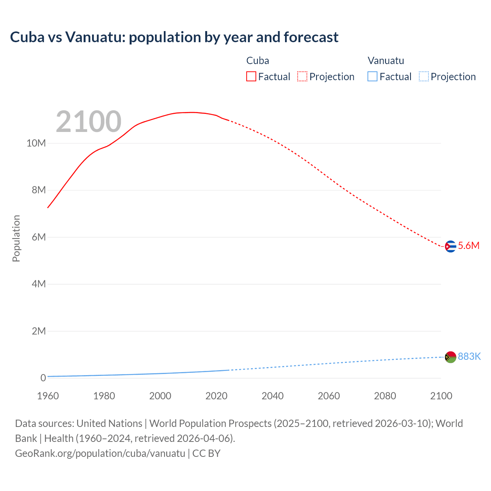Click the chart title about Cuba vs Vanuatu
(x=174, y=37)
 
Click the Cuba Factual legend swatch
(x=251, y=77)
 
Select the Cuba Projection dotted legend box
(x=302, y=77)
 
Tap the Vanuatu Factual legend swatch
(x=372, y=77)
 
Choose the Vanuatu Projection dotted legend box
(x=424, y=77)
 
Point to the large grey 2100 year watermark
(x=89, y=122)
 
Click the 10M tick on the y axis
(x=36, y=143)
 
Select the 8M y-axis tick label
(x=38, y=190)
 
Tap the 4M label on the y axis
(x=38, y=284)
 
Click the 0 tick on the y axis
(x=43, y=378)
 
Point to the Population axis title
(x=16, y=238)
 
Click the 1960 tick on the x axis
(x=48, y=396)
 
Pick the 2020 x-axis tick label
(x=216, y=396)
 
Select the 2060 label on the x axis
(x=329, y=396)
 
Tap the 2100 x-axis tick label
(x=441, y=396)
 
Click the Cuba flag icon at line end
(x=450, y=246)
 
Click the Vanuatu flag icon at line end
(x=450, y=357)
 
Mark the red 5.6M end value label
(x=469, y=246)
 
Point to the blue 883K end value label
(x=469, y=357)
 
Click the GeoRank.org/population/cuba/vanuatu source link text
(x=100, y=453)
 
